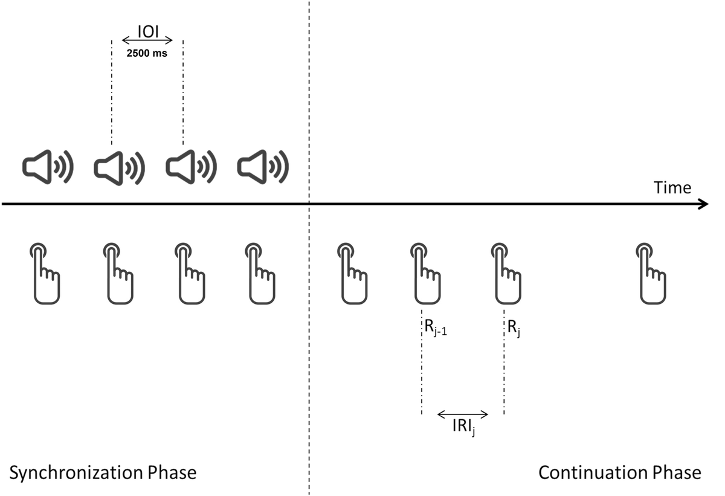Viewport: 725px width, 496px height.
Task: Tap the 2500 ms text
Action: pos(147,53)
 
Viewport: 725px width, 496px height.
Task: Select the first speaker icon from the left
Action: pos(47,167)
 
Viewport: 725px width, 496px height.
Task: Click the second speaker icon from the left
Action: pos(119,167)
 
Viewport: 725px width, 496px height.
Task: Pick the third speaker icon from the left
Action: pos(191,167)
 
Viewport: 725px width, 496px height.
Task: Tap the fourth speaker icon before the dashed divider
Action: pos(262,167)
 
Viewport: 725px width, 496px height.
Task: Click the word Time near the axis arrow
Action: pos(672,188)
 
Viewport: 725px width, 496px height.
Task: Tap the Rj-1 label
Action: pos(435,330)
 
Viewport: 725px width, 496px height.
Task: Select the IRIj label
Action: pos(463,428)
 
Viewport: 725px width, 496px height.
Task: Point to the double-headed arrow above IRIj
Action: pos(462,414)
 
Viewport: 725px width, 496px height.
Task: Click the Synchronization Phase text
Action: pos(103,472)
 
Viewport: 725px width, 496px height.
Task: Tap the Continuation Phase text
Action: pos(620,472)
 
